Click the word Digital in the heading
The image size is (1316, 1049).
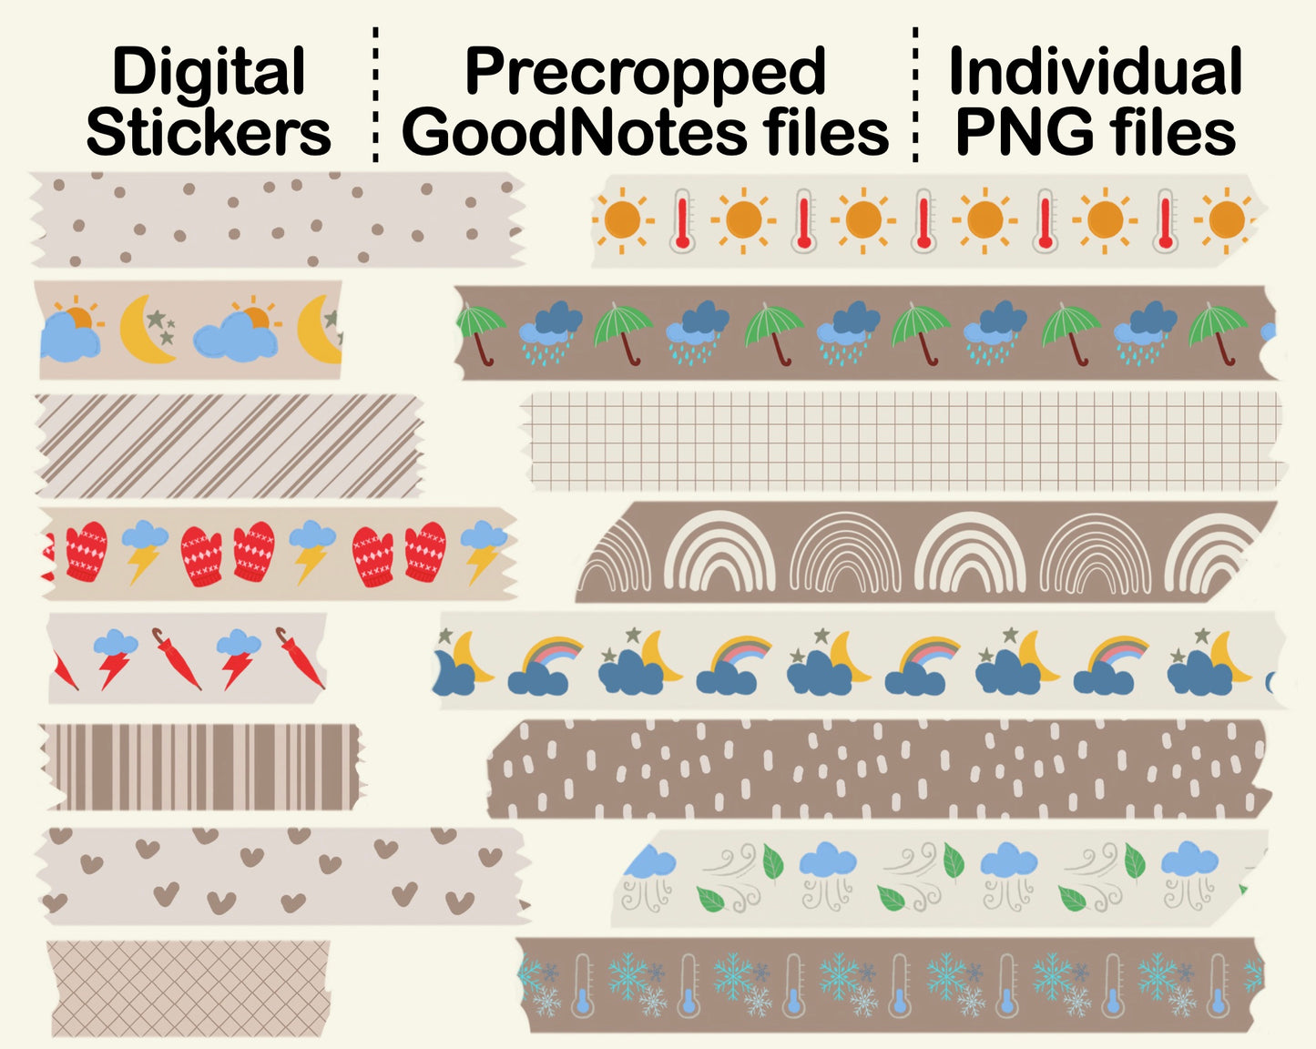click(x=208, y=72)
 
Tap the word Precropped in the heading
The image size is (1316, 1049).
click(x=645, y=72)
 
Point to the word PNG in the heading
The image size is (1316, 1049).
click(x=1023, y=133)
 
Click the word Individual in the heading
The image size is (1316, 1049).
click(x=1095, y=72)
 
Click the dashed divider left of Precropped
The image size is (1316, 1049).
click(x=375, y=96)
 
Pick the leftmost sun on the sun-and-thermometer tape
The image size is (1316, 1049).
click(x=623, y=219)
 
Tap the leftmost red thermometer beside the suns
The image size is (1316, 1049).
click(x=682, y=219)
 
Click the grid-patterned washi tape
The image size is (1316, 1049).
click(x=902, y=441)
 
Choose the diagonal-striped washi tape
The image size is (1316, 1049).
click(x=228, y=445)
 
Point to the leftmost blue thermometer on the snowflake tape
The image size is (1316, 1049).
click(x=583, y=986)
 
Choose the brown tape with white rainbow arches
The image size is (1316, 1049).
click(x=924, y=552)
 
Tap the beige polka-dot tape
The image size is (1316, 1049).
click(x=273, y=220)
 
